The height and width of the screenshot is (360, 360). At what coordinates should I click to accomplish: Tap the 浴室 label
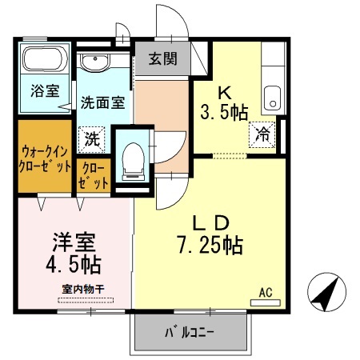coord(45,90)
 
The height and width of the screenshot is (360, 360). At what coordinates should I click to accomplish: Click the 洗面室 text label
coord(102,102)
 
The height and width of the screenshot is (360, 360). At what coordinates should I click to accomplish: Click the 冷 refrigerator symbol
coord(262,134)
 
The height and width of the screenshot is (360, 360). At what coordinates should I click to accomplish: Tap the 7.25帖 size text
coord(210,244)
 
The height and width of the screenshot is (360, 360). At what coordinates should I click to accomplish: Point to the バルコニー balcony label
coord(189,330)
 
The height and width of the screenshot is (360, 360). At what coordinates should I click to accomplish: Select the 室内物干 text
coord(83,289)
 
